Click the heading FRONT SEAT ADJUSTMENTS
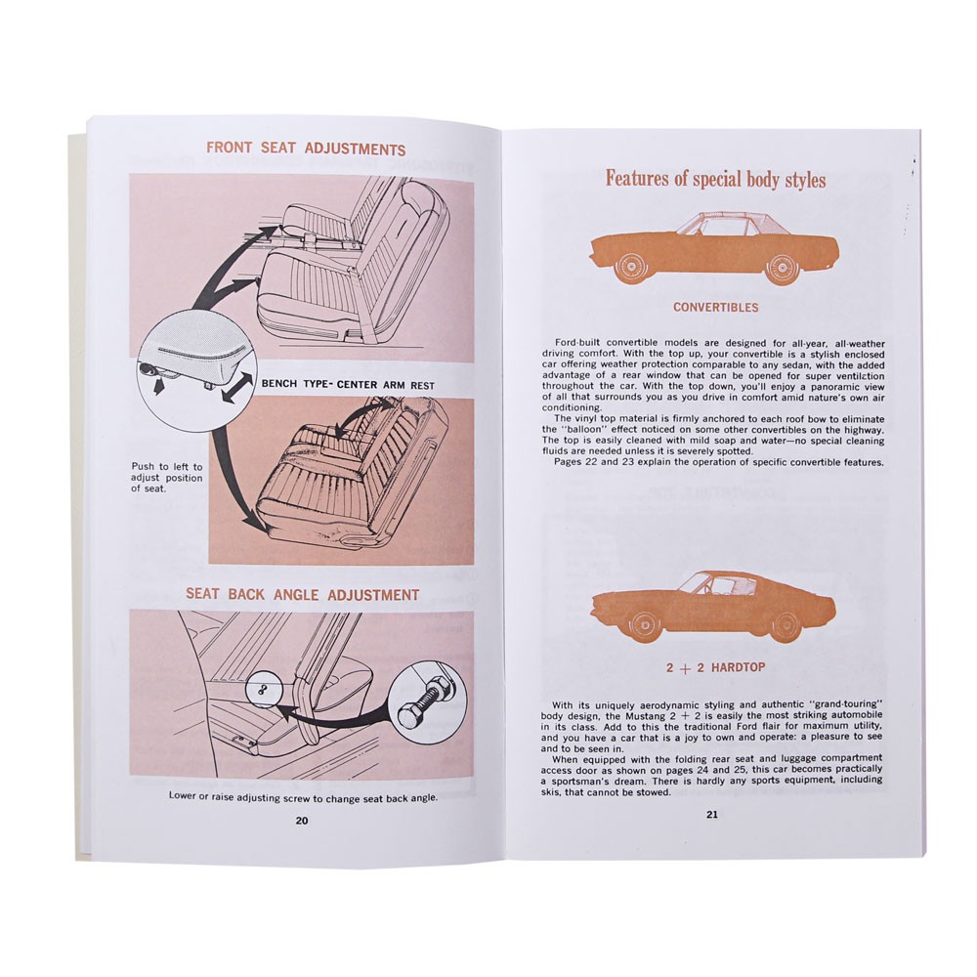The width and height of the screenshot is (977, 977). pos(306,149)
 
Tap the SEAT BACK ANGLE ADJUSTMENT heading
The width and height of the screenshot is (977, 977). pos(302,594)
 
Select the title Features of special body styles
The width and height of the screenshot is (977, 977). pos(716,179)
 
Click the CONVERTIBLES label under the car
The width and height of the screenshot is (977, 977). pos(716,307)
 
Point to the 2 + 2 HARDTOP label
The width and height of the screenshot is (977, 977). pos(715,667)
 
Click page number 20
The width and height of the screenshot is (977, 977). pos(302,821)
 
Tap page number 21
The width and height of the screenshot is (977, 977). pos(712,815)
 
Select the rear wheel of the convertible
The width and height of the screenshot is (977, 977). pos(782,269)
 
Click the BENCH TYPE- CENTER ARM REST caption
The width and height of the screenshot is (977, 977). pos(348,384)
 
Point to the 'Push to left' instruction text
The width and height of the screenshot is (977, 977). pos(166,478)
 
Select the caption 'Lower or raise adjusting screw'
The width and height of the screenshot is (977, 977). pos(303,797)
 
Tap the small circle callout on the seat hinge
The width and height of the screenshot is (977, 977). pos(261,689)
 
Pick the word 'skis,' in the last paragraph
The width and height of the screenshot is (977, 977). pos(553,792)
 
